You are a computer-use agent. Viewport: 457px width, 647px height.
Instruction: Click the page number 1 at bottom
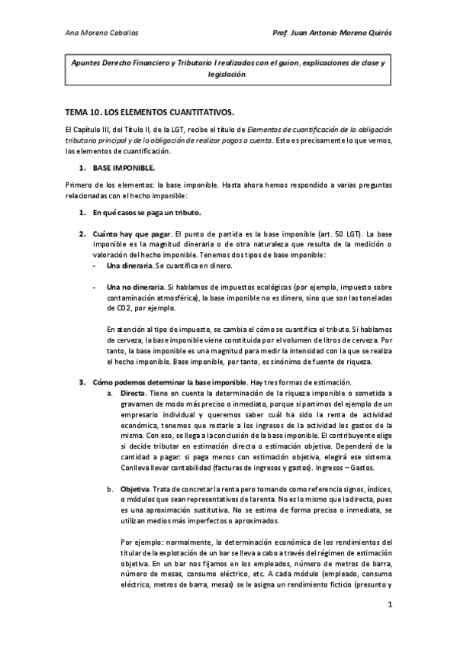click(389, 605)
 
